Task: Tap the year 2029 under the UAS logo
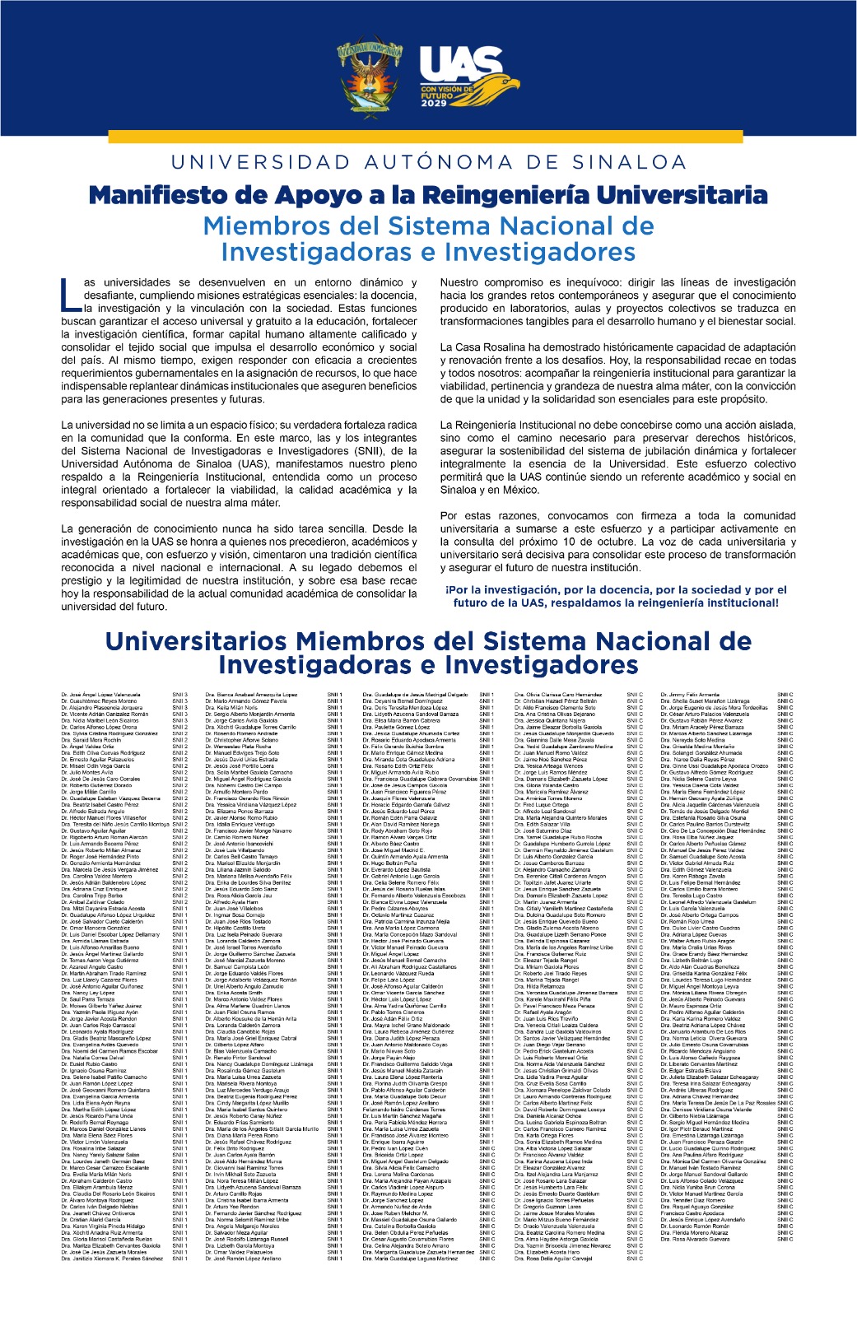click(x=434, y=104)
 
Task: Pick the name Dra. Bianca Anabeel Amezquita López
click(x=251, y=695)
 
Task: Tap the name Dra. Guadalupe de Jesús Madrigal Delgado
click(x=415, y=695)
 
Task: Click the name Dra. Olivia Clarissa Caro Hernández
click(x=557, y=695)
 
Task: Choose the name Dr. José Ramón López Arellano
click(x=243, y=1259)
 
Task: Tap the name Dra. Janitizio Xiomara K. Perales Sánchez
click(x=112, y=1259)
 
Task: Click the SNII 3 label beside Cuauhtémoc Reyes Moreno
click(x=179, y=701)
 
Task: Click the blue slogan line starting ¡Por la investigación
click(x=616, y=589)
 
